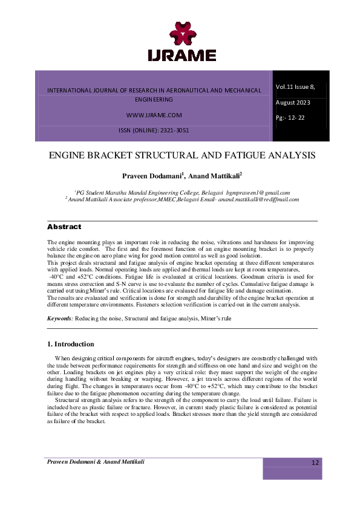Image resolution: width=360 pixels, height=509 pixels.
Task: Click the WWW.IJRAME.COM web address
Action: pos(154,114)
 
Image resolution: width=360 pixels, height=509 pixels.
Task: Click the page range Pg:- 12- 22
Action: pos(290,117)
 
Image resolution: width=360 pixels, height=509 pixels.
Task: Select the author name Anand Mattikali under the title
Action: pos(214,175)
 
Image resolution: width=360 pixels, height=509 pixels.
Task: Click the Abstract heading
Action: pos(64,227)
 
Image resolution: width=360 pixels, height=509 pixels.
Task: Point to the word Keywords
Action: pos(60,318)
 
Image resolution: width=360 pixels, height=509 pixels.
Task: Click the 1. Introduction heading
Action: pos(70,344)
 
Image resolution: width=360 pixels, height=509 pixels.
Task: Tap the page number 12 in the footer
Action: pos(315,462)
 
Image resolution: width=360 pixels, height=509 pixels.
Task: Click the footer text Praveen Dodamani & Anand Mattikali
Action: pos(96,461)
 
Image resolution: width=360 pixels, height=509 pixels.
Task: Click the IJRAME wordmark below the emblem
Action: pos(182,55)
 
